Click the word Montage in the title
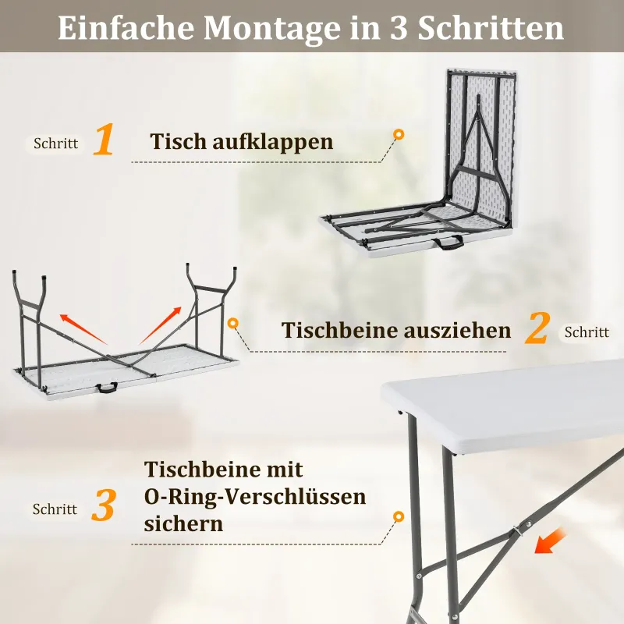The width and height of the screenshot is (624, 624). point(272,29)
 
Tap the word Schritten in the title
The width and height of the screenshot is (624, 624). point(491,28)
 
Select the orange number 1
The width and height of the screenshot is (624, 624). point(104,139)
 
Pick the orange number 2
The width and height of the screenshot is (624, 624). point(537,328)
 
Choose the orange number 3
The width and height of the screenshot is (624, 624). point(104,505)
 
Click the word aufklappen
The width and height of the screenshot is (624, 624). point(272,142)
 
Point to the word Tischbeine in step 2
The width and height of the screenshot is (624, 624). point(340,330)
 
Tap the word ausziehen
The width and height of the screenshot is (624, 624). point(457,331)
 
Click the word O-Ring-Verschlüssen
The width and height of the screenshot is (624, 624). point(255,496)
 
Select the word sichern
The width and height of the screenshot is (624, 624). point(183,523)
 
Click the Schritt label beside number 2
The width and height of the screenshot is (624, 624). point(587,332)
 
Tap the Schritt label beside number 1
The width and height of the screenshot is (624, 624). point(55,144)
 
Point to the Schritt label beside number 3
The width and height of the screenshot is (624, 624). point(55,509)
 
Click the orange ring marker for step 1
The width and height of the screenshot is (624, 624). point(399,134)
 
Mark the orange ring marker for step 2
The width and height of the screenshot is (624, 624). point(233,323)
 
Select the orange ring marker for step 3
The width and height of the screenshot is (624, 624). point(399,516)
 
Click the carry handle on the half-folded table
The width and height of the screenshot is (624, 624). point(450,243)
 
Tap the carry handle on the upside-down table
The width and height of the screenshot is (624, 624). point(106,388)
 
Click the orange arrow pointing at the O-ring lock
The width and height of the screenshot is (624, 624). point(550,541)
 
